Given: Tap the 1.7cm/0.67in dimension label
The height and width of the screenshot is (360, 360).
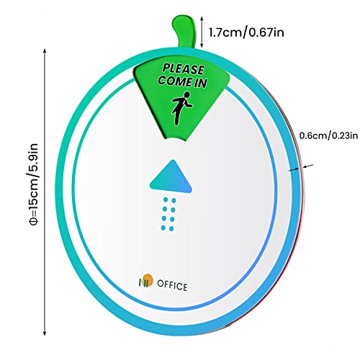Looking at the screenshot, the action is pos(246,32).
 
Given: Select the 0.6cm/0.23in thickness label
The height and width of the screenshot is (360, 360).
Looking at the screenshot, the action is pos(328,135).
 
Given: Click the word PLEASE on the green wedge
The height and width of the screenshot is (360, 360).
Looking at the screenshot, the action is pos(184,69).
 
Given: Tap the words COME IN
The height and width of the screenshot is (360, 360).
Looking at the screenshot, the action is pos(182,81).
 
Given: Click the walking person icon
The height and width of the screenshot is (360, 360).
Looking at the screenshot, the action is pos(181,108).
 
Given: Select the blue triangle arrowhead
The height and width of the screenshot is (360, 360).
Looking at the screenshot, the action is pos(171,176).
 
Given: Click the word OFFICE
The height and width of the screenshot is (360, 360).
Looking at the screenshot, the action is pos(172,286).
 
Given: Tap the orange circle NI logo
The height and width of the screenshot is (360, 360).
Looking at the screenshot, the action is pos(146,280).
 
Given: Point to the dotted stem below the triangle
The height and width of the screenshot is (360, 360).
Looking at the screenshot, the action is pos(168,214).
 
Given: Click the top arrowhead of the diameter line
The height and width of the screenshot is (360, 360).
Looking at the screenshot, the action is pos(45,51).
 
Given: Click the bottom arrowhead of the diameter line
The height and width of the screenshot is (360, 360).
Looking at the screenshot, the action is pos(45,333).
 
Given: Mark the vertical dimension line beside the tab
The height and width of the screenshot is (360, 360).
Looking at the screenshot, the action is pos(202,32).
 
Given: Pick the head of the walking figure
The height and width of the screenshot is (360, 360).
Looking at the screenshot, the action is pos(187,95).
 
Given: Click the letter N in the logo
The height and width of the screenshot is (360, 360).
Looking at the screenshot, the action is pos(142,282).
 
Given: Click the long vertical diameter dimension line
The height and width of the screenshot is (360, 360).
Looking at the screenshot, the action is pos(45,192).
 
